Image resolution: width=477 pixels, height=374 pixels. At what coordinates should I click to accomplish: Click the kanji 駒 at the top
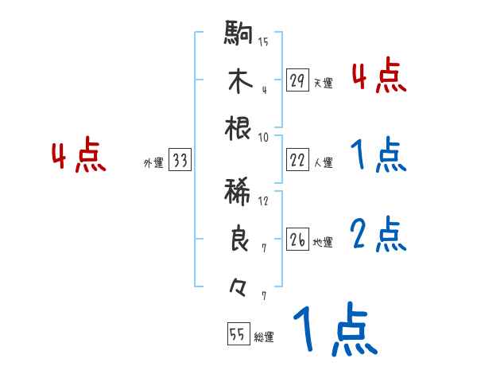point(239,35)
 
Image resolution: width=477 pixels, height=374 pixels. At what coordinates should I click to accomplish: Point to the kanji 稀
point(239,193)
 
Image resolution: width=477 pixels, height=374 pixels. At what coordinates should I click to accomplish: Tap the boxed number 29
point(298,80)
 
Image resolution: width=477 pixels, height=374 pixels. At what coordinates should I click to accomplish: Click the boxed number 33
point(180,162)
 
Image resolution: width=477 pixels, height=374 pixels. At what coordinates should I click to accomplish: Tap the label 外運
point(153,163)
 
